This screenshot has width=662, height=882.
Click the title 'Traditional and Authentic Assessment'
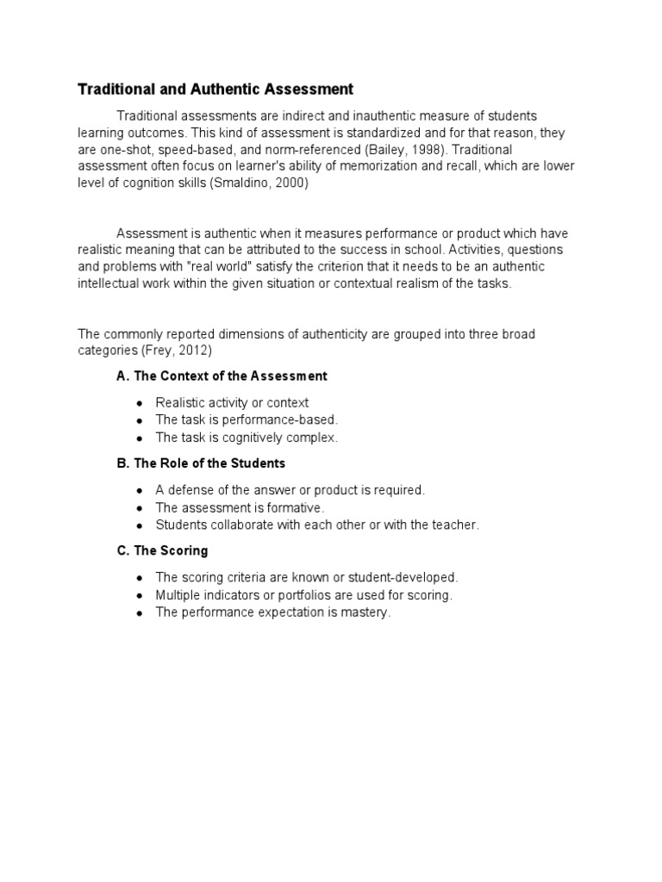[x=215, y=89]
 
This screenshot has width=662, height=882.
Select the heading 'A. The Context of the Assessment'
[x=222, y=376]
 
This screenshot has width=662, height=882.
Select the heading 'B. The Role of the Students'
[x=201, y=463]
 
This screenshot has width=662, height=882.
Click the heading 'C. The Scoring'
[x=162, y=550]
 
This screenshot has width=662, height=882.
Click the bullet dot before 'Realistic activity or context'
[x=140, y=403]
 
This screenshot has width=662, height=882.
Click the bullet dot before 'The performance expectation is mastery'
[x=140, y=613]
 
